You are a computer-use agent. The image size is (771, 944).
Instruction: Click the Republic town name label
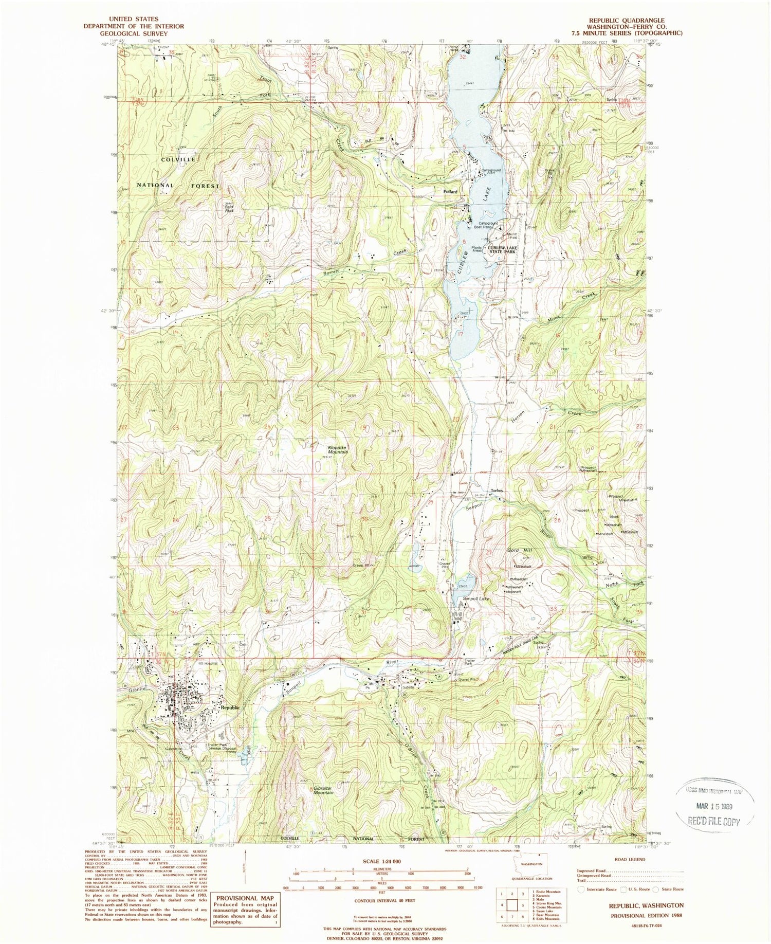tap(230, 707)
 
